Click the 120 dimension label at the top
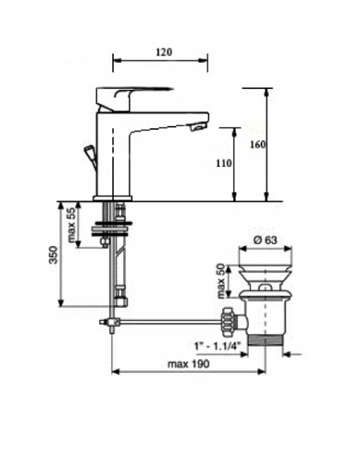coord(164,52)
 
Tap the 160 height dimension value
coord(257,144)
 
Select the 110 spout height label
coord(224,164)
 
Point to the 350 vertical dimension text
coord(54,255)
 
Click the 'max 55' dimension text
coord(71,224)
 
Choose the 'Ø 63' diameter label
coord(265,240)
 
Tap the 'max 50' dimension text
coord(221,281)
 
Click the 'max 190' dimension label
coord(188,364)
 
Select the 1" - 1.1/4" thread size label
coord(216,346)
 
